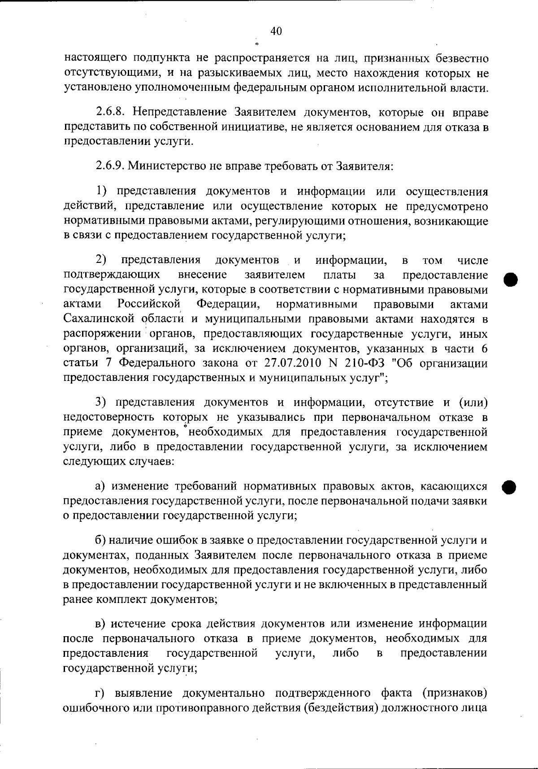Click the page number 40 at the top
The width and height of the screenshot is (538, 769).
click(x=276, y=31)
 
